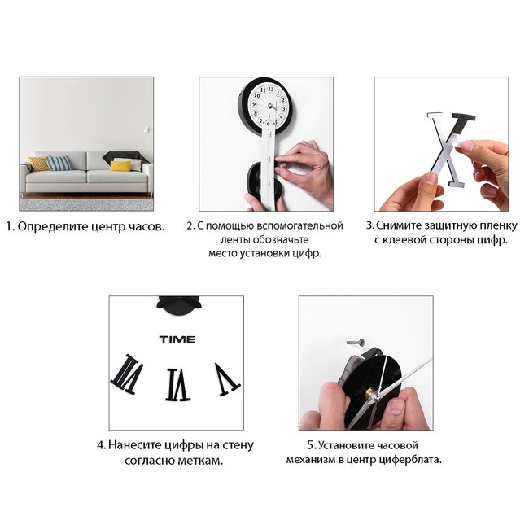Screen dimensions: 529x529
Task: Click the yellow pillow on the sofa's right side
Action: (x=120, y=166)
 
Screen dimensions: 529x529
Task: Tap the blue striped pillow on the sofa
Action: (x=59, y=163)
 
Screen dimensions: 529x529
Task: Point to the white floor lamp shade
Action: (x=147, y=129)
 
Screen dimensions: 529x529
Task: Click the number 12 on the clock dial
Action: (x=270, y=90)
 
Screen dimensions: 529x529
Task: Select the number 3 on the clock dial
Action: (x=284, y=108)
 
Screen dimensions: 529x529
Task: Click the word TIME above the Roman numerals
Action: (x=177, y=339)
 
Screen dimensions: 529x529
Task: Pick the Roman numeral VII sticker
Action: (x=127, y=374)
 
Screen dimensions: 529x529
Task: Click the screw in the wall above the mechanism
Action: (x=356, y=343)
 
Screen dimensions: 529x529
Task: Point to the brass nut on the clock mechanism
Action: (x=371, y=393)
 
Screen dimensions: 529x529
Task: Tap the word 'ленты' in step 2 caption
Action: (x=235, y=240)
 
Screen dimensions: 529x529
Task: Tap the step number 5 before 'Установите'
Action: (x=311, y=445)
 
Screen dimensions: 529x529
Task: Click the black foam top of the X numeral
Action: (x=463, y=120)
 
